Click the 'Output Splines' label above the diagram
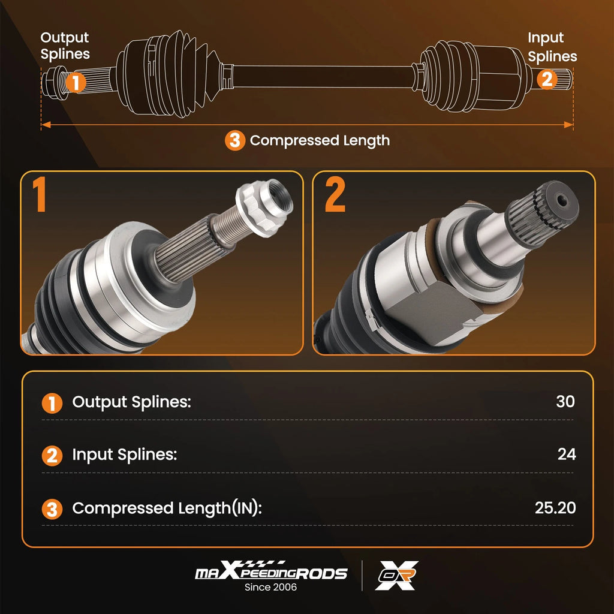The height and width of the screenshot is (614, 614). pyautogui.click(x=65, y=46)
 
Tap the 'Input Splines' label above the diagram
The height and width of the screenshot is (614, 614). pyautogui.click(x=552, y=47)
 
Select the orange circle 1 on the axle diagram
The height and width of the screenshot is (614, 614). pyautogui.click(x=76, y=82)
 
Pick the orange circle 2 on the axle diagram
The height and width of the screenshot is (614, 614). pyautogui.click(x=547, y=79)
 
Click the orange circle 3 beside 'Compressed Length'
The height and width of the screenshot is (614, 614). pyautogui.click(x=235, y=140)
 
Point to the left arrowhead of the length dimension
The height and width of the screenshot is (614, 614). pyautogui.click(x=46, y=125)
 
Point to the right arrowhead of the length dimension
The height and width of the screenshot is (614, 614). pyautogui.click(x=568, y=125)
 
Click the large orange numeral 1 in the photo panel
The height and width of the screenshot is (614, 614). pyautogui.click(x=40, y=194)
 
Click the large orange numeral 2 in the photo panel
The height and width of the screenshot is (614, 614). pyautogui.click(x=335, y=194)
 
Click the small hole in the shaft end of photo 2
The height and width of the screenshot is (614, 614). pyautogui.click(x=562, y=201)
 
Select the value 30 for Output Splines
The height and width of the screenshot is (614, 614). pyautogui.click(x=565, y=401)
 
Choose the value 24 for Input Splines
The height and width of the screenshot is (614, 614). pyautogui.click(x=566, y=455)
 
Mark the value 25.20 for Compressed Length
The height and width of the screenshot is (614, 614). pyautogui.click(x=555, y=507)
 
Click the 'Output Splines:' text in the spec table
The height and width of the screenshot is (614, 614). pyautogui.click(x=131, y=402)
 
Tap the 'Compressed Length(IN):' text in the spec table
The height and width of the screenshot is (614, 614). pyautogui.click(x=167, y=508)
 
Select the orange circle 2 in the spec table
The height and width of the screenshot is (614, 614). pyautogui.click(x=52, y=456)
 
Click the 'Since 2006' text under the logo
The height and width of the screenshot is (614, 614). pyautogui.click(x=270, y=587)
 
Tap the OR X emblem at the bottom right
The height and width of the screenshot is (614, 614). pyautogui.click(x=397, y=575)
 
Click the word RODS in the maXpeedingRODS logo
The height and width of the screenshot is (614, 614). pyautogui.click(x=321, y=574)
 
